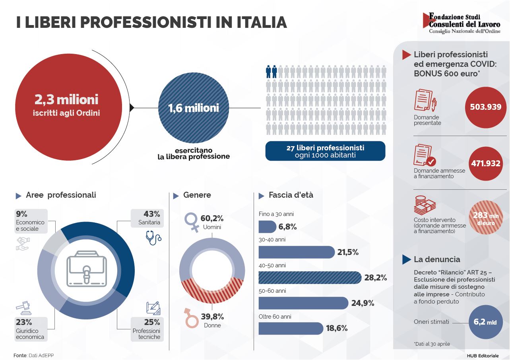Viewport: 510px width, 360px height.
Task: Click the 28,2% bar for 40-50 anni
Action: (310, 278)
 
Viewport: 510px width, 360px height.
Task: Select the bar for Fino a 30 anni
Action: (268, 227)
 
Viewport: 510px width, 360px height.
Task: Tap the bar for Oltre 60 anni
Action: (291, 328)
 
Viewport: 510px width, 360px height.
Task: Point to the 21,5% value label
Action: (348, 252)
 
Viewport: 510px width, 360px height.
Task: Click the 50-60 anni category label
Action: (272, 291)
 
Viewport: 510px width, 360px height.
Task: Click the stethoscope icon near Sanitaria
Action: (153, 237)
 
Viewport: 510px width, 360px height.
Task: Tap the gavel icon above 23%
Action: (23, 308)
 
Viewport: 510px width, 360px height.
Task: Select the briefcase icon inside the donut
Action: (87, 269)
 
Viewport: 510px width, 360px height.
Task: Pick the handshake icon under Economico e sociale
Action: (23, 244)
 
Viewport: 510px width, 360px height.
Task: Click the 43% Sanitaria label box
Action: (147, 218)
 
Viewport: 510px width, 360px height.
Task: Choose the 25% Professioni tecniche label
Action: (147, 329)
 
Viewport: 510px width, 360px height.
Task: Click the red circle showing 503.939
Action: (486, 107)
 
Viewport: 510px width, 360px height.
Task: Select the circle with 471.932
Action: (486, 163)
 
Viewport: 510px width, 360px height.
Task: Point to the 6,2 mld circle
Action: (486, 322)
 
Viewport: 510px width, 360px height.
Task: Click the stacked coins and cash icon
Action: (425, 205)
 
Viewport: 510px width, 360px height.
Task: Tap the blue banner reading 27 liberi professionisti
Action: (325, 151)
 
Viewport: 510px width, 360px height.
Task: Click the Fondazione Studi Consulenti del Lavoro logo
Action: (461, 23)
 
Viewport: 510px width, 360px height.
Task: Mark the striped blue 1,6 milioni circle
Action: (194, 108)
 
